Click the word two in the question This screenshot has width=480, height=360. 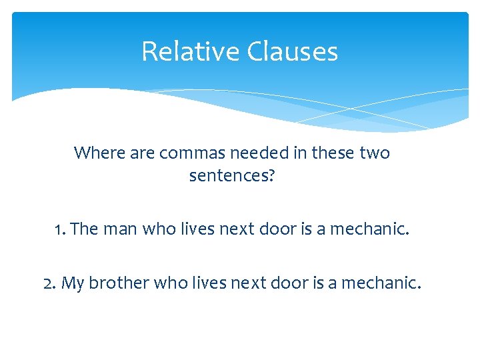click(x=374, y=153)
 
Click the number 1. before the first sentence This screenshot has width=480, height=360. click(x=60, y=229)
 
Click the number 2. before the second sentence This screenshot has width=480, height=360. click(x=49, y=283)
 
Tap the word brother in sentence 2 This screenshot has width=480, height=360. click(x=119, y=283)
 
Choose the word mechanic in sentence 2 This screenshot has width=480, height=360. click(x=381, y=283)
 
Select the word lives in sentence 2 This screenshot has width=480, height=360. click(x=208, y=283)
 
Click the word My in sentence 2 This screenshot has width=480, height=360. click(x=73, y=283)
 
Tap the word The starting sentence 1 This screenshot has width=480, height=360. click(x=84, y=229)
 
